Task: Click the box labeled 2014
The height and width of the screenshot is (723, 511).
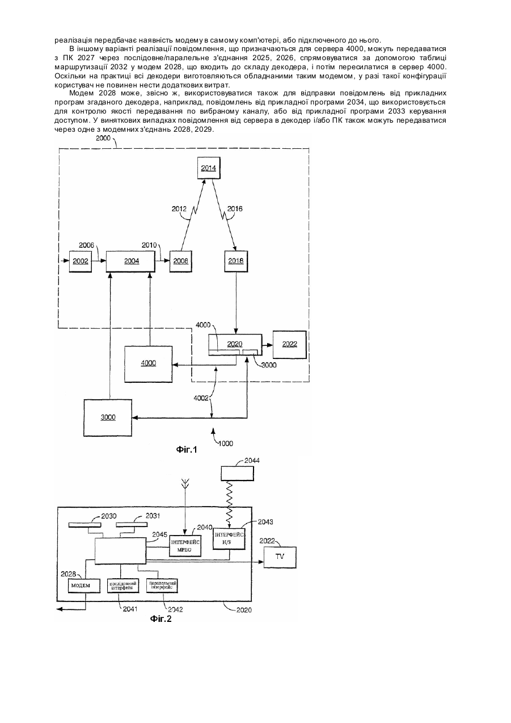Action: pos(209,168)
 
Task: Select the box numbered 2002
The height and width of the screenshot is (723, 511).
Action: pos(81,261)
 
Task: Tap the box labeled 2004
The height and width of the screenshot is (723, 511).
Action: pos(130,261)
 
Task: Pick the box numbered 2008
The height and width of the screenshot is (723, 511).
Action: pos(180,261)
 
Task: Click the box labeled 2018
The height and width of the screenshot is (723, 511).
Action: pos(236,261)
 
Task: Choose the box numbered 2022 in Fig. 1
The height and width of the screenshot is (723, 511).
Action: pos(289,344)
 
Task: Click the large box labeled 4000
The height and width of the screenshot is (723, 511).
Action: pos(148,363)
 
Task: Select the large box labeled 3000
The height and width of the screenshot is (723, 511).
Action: pos(108,417)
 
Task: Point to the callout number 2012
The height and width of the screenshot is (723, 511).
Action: pos(179,209)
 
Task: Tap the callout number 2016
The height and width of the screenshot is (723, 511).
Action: pos(235,209)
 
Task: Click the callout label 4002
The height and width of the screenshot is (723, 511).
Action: pos(201,398)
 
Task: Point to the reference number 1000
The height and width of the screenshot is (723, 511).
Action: pos(225,444)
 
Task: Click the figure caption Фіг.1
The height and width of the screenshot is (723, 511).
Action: pos(187,449)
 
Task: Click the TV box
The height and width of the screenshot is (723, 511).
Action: pos(280,557)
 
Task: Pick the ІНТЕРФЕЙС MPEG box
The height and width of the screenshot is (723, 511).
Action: pos(185,546)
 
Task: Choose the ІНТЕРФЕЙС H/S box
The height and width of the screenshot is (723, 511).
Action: pos(229,539)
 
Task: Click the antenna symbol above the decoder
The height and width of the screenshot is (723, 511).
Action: pos(185,484)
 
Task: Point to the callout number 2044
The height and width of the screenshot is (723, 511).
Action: pos(252,461)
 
